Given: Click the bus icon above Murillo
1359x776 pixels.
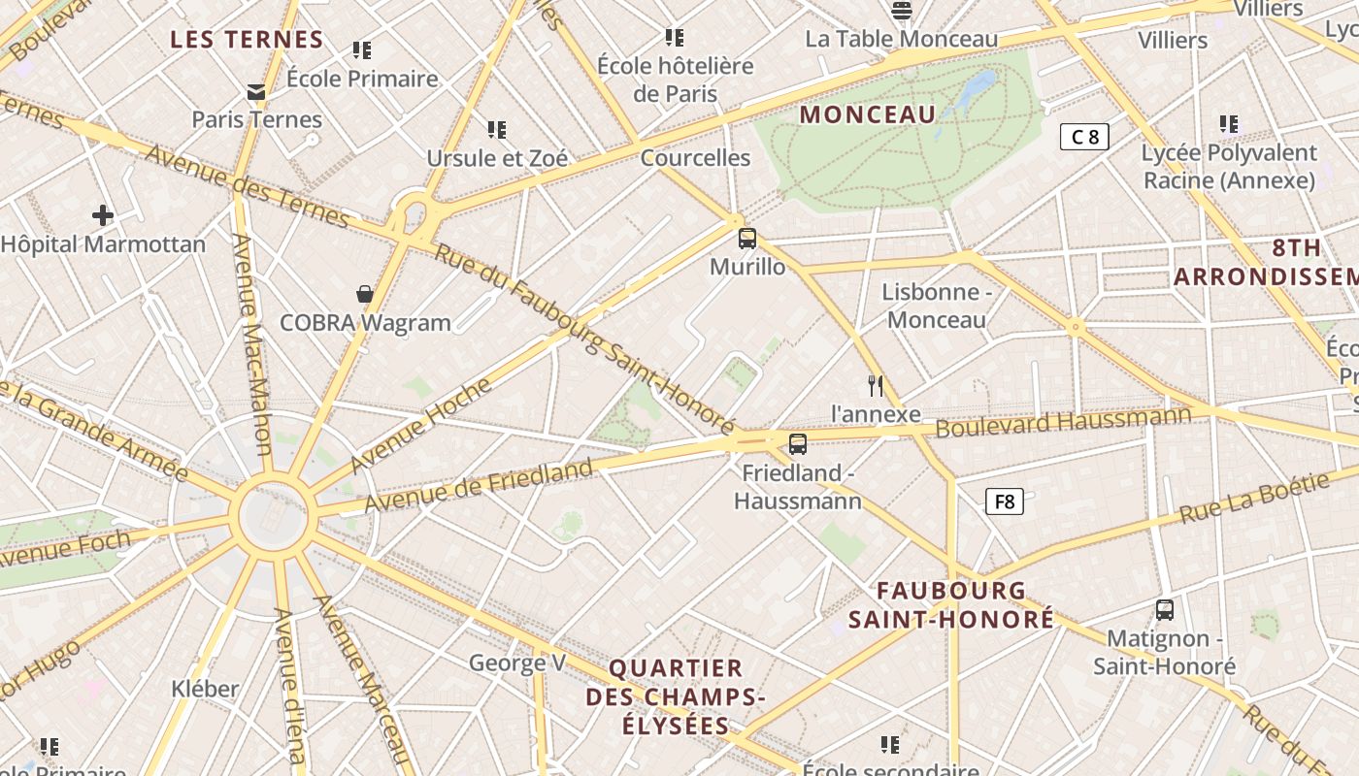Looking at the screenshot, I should pyautogui.click(x=746, y=238).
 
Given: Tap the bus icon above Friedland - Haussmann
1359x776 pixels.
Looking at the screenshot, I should pyautogui.click(x=797, y=444).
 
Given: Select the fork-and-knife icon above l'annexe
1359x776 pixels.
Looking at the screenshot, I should pyautogui.click(x=876, y=386).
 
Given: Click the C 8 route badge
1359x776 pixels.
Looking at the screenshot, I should pyautogui.click(x=1083, y=137).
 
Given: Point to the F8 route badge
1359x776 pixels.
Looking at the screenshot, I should pyautogui.click(x=1004, y=501).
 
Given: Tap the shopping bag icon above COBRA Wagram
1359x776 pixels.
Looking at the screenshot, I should pyautogui.click(x=365, y=294).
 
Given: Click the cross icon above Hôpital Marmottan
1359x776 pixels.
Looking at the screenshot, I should pyautogui.click(x=103, y=214).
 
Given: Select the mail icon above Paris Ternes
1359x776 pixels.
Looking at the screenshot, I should pyautogui.click(x=256, y=92).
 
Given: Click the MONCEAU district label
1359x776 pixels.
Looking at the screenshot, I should pyautogui.click(x=868, y=114).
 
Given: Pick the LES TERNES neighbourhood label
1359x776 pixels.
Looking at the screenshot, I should pyautogui.click(x=247, y=40).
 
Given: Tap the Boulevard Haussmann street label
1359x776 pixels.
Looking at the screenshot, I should pyautogui.click(x=1063, y=423).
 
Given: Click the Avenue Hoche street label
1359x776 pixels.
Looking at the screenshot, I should pyautogui.click(x=421, y=425).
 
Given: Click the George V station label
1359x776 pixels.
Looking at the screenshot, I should pyautogui.click(x=516, y=663).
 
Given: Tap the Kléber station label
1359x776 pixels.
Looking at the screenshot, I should pyautogui.click(x=205, y=689).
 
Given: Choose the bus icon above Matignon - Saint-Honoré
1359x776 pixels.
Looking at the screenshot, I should pyautogui.click(x=1164, y=610).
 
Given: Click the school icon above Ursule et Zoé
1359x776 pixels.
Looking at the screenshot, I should pyautogui.click(x=497, y=129).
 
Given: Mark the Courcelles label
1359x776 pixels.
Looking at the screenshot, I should pyautogui.click(x=695, y=157).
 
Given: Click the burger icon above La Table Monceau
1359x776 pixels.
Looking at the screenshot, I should pyautogui.click(x=902, y=11).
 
